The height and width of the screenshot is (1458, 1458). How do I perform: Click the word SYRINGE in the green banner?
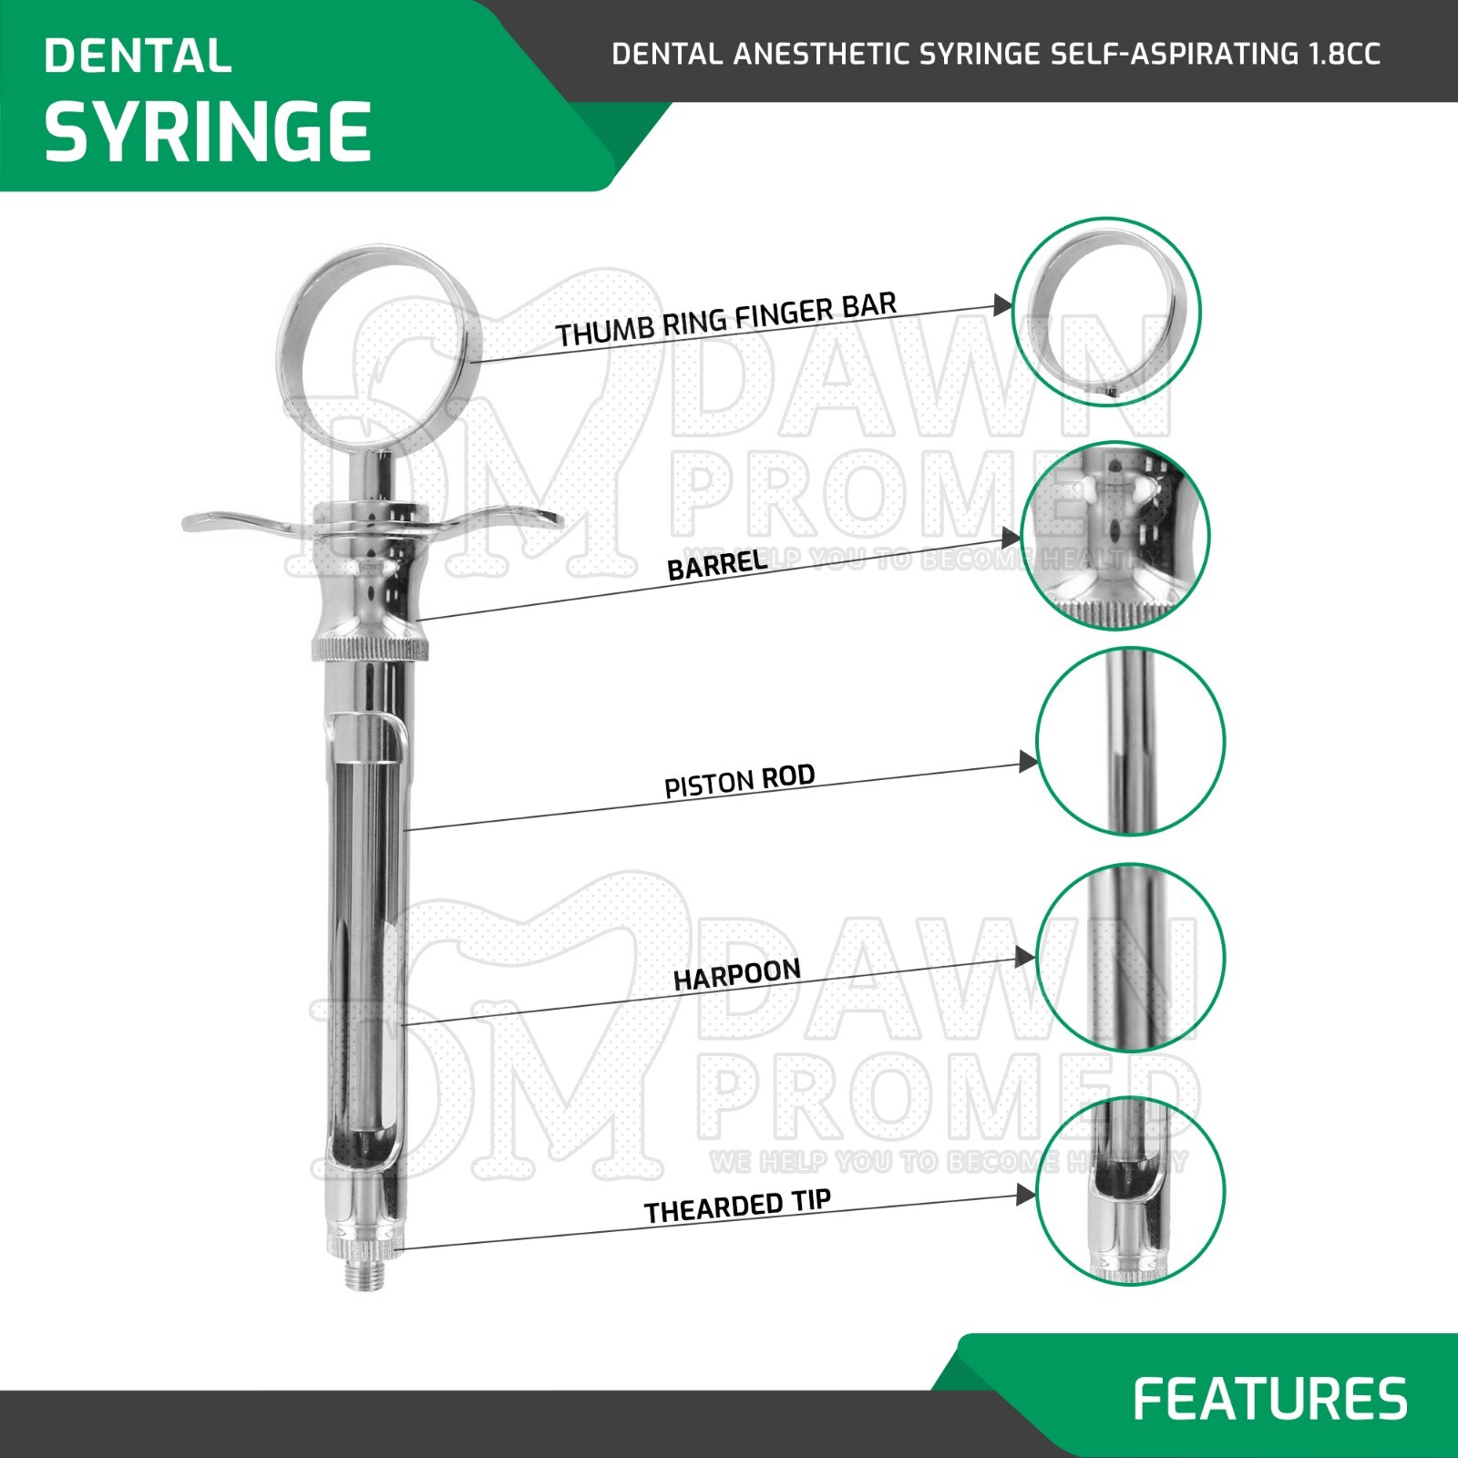[208, 132]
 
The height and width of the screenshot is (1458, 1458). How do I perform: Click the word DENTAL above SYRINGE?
[138, 56]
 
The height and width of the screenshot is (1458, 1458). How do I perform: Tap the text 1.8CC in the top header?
[1344, 54]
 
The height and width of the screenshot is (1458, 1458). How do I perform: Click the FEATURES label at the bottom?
[1270, 1399]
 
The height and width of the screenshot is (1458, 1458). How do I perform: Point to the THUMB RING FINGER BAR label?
[726, 320]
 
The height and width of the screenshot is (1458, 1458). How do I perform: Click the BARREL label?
[717, 566]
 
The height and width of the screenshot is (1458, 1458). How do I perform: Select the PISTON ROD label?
[739, 782]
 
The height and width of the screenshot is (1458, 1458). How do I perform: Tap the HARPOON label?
[736, 974]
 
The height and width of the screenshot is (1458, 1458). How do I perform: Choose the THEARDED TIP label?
[737, 1206]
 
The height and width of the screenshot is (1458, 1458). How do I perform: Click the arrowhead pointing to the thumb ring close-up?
[1002, 305]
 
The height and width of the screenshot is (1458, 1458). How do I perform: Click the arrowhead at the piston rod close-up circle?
[1028, 762]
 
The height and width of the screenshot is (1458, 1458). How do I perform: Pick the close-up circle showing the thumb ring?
[1106, 312]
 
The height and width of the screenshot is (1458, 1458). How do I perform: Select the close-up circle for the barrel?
[1115, 536]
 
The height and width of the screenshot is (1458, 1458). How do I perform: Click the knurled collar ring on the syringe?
[369, 649]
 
